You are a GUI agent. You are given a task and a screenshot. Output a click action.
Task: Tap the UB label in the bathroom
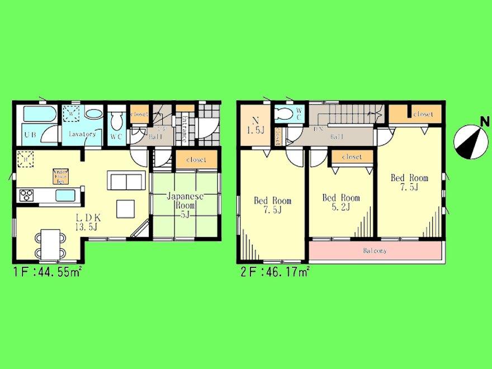[30, 134]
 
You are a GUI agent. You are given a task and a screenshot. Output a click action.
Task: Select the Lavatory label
[82, 134]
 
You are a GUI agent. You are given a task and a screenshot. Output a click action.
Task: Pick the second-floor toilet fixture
[284, 113]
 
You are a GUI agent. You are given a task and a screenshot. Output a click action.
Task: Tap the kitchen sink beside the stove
[65, 195]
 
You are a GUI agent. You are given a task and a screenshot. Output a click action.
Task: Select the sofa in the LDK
[126, 182]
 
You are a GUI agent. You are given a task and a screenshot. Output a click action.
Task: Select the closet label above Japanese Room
[195, 159]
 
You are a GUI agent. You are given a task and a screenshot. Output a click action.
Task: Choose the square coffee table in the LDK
[126, 209]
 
